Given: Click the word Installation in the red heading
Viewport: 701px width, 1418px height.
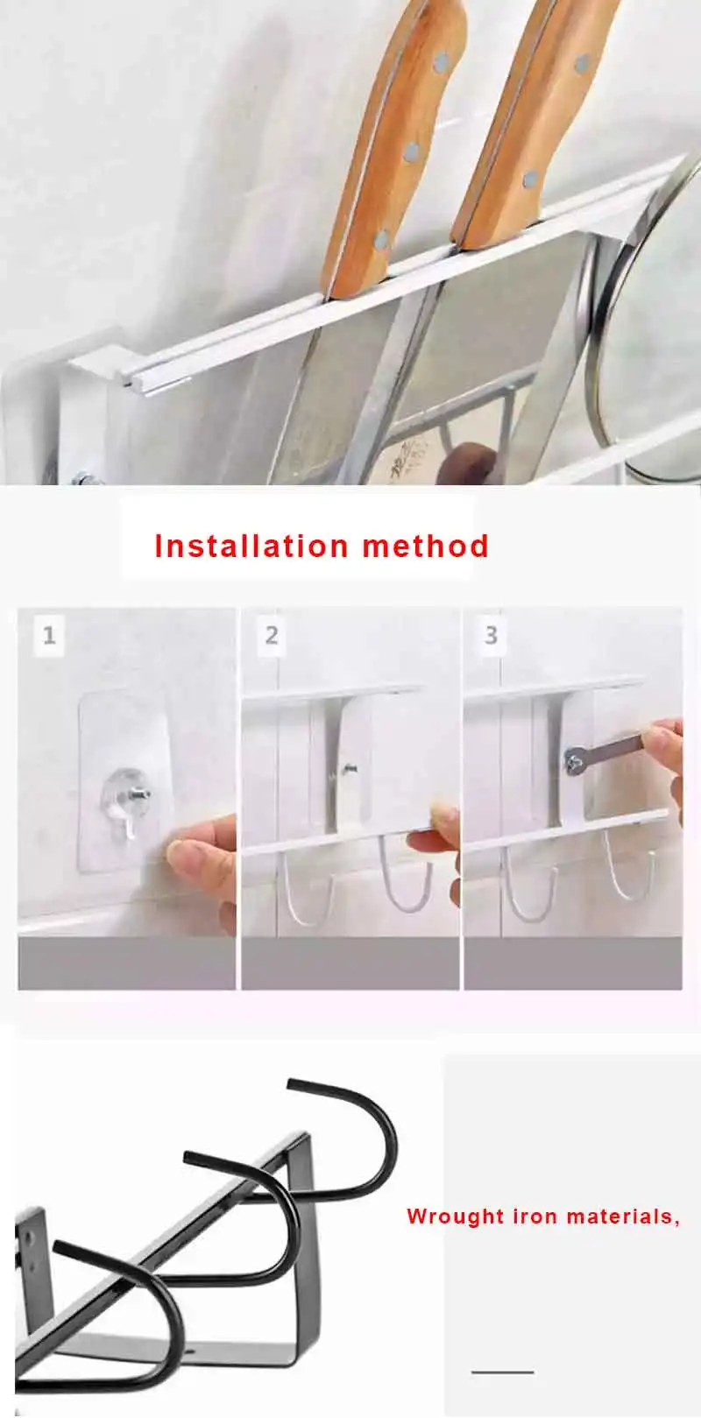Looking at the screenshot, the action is pos(252,546).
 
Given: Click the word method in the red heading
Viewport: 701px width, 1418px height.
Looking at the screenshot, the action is pos(426,546).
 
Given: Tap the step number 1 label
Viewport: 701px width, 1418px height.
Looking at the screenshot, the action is pos(49,635).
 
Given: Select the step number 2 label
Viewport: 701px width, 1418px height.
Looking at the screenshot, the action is pos(272,635).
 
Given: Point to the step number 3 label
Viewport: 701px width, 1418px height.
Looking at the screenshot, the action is pos(492,635).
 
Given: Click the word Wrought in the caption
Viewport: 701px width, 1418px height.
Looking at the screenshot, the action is pos(456,1217).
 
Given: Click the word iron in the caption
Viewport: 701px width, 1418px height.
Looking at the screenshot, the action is pos(535,1216).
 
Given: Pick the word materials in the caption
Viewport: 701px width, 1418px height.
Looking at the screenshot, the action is pos(620,1216).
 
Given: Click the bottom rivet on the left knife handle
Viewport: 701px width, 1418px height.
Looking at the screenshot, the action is pos(381,240).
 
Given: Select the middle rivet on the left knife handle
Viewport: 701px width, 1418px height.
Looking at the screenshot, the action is pos(412,152).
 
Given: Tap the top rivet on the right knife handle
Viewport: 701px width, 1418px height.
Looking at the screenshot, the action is pos(582,63).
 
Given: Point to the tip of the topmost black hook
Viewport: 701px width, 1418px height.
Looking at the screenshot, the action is pos(290,1083).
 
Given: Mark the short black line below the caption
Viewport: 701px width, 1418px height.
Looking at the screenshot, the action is pos(502,1372).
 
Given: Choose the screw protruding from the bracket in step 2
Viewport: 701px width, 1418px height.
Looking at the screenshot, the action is pos(348,769).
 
